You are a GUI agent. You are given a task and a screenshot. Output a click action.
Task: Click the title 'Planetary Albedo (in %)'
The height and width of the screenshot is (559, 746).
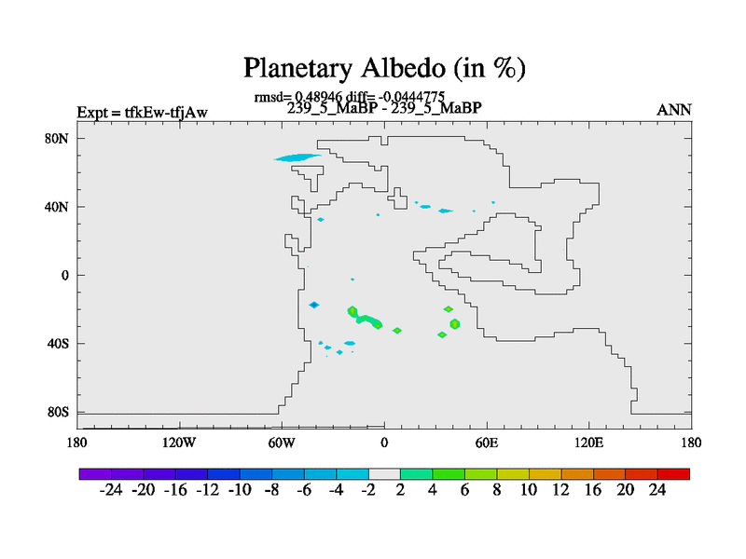tap(384, 68)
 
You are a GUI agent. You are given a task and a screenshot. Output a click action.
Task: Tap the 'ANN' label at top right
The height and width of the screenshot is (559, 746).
tap(673, 110)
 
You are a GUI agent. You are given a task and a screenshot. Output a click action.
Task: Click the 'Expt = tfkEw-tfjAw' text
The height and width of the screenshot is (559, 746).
tap(143, 113)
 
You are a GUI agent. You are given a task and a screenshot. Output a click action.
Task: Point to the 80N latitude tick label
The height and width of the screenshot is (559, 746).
tap(57, 139)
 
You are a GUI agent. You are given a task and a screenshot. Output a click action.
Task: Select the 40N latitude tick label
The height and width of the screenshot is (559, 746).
tap(57, 207)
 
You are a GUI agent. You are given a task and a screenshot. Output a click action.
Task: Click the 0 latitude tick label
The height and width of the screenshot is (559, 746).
tap(64, 276)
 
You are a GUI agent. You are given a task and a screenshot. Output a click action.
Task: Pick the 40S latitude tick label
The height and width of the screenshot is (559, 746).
tap(58, 344)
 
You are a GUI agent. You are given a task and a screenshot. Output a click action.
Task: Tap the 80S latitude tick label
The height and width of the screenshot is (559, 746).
tap(58, 412)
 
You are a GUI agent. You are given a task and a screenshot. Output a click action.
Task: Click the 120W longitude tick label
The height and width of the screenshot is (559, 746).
tap(179, 443)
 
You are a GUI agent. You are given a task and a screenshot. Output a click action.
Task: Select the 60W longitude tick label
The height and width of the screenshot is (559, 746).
tap(282, 443)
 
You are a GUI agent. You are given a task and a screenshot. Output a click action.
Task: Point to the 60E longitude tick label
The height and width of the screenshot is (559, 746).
tap(487, 443)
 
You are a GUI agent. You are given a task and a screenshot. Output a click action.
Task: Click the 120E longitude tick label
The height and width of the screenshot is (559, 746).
tap(589, 443)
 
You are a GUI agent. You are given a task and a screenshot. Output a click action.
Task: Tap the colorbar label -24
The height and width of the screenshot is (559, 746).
tap(111, 490)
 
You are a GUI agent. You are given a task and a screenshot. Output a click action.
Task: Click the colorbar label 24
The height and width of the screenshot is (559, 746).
tap(657, 490)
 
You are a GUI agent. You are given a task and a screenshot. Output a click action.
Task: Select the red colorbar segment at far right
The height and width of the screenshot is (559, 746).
tap(673, 474)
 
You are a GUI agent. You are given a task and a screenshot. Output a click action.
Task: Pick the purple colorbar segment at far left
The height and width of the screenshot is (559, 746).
tap(95, 474)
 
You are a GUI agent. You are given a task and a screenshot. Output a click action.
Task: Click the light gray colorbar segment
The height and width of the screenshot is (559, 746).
tap(384, 474)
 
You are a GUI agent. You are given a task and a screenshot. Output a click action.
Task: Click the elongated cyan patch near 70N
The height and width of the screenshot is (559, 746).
tap(297, 157)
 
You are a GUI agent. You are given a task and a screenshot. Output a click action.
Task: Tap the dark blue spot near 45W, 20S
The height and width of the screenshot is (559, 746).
tap(314, 306)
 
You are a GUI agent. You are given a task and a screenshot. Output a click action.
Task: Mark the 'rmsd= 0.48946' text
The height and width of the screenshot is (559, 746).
tap(297, 97)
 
